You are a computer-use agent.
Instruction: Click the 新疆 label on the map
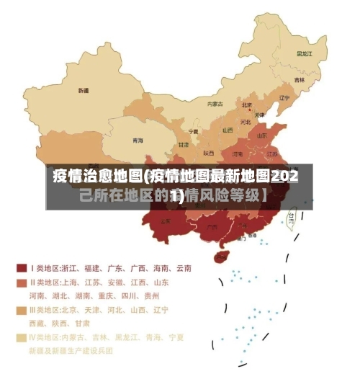click(x=84, y=91)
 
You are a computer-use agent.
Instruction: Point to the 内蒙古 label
click(x=215, y=104)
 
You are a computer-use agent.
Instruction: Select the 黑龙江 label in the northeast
click(x=306, y=53)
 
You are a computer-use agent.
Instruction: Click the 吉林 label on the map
click(x=300, y=79)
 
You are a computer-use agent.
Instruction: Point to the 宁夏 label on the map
click(x=193, y=131)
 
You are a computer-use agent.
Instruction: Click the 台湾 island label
click(x=291, y=215)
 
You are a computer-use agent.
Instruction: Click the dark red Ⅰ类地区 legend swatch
click(x=22, y=268)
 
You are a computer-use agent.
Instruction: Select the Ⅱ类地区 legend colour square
click(x=22, y=282)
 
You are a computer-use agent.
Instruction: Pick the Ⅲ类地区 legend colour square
click(x=22, y=310)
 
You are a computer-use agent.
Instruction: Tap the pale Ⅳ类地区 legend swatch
click(x=22, y=337)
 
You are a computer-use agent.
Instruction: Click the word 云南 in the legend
click(x=183, y=268)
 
